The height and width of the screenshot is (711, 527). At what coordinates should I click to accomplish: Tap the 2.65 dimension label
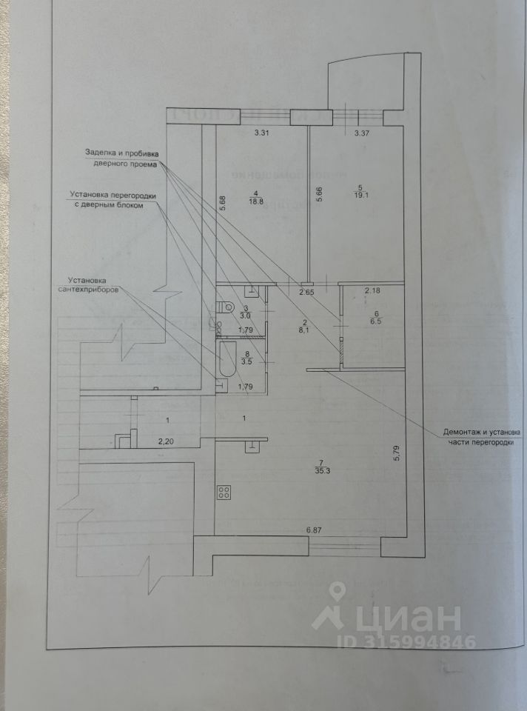point(306,293)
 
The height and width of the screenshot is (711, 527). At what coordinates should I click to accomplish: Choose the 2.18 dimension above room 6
point(372,290)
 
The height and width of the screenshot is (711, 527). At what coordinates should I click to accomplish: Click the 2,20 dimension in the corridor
point(167,441)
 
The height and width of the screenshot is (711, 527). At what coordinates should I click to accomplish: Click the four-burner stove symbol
point(224,493)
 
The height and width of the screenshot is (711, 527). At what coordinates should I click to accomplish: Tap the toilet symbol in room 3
point(224,309)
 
